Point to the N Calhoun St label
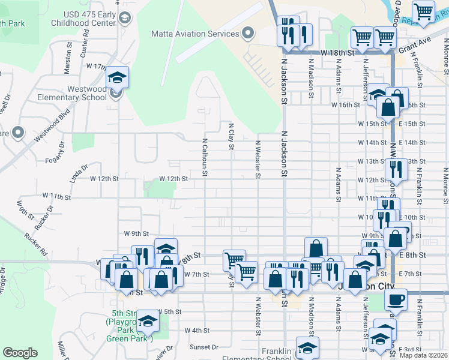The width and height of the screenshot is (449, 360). (x=205, y=158)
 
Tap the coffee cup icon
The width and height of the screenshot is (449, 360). (x=396, y=299)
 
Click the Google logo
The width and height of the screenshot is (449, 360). (x=20, y=353)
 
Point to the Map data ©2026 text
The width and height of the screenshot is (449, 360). (x=423, y=355)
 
